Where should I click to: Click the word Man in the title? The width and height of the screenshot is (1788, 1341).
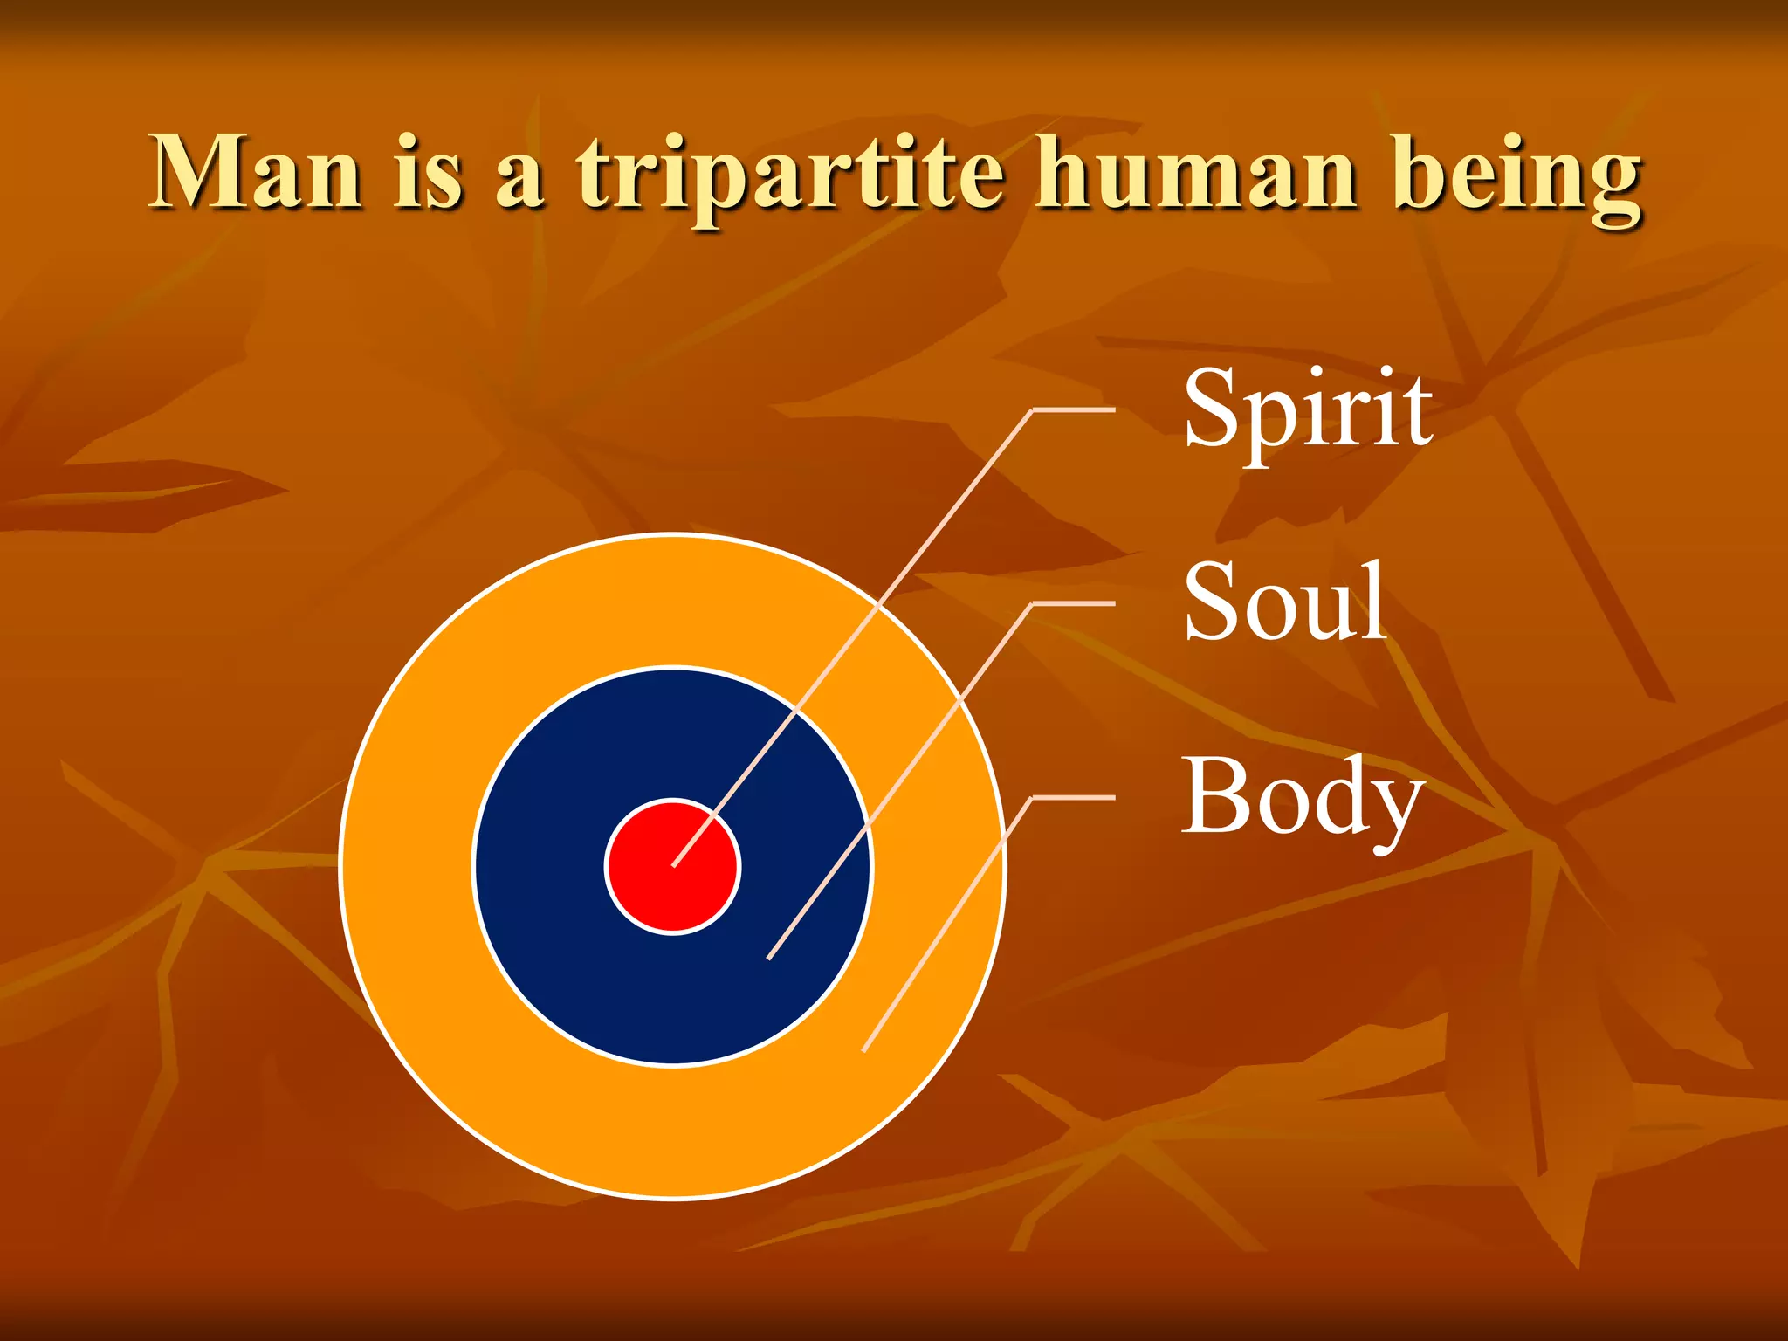coord(255,172)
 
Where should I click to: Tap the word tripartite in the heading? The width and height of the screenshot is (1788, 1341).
coord(790,175)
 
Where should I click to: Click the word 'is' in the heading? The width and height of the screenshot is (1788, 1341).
coord(428,172)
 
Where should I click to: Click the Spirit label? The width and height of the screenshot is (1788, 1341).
coord(1307,409)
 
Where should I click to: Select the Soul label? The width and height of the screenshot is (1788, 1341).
coord(1284,602)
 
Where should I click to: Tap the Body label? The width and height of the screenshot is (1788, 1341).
coord(1302,797)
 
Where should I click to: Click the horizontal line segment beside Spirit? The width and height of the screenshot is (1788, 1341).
coord(1074,409)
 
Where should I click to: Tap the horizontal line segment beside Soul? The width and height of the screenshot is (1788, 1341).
coord(1074,603)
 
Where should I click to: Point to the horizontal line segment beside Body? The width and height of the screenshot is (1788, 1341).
coord(1074,797)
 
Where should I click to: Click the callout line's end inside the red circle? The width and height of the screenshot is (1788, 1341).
coord(674,865)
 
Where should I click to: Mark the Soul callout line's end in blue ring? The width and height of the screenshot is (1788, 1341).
coord(768,959)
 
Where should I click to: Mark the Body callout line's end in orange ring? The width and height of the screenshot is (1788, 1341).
coord(863,1050)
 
